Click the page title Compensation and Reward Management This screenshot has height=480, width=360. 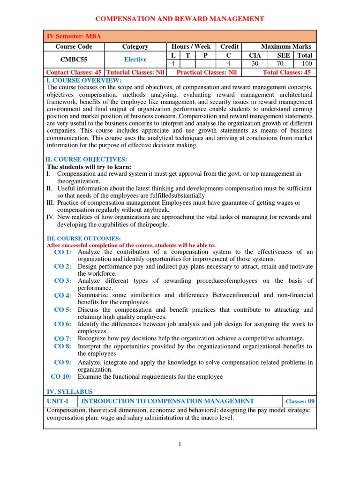180,19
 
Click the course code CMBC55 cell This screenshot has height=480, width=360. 74,60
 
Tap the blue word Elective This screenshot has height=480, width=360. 135,60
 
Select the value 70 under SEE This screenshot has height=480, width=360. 280,63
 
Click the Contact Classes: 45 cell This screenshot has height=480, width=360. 74,72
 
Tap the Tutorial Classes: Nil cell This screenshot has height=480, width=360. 135,72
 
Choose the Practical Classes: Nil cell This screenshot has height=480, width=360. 206,72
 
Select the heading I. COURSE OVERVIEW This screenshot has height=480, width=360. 84,80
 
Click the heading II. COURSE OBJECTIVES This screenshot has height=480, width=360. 86,159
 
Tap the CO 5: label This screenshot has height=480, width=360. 62,310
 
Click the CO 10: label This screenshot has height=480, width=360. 61,376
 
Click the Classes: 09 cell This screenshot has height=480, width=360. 300,402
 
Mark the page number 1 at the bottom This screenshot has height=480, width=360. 180,445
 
